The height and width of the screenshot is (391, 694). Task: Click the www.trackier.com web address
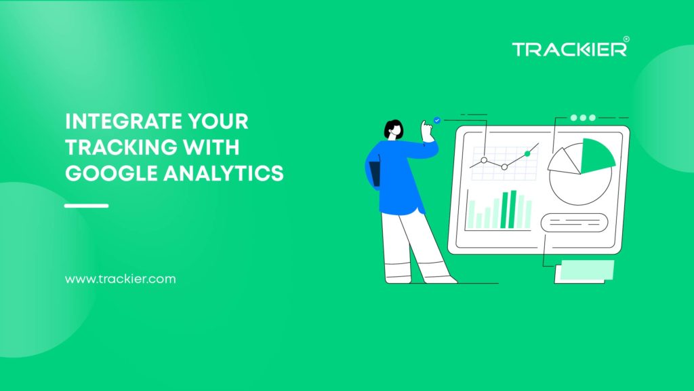[120, 279]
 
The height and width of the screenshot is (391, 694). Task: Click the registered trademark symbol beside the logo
[626, 39]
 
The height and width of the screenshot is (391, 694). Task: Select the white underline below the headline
[87, 205]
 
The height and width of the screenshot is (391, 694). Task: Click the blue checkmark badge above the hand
[437, 119]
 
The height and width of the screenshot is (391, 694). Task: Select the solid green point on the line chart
[527, 154]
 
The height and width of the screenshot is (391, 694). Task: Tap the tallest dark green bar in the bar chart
[513, 209]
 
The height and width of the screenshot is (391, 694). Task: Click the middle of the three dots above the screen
[583, 117]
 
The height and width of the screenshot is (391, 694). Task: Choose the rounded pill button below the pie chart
[574, 222]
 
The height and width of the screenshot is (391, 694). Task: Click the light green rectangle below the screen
[584, 270]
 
